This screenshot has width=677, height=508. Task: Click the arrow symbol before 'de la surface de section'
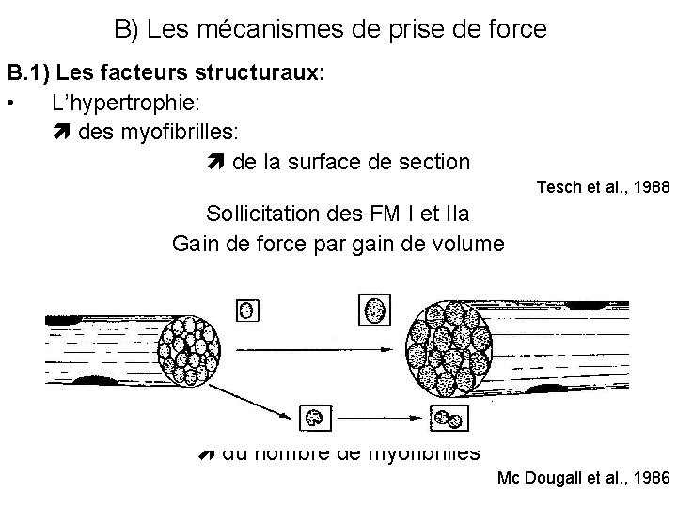click(213, 161)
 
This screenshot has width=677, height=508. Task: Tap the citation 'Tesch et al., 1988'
click(602, 187)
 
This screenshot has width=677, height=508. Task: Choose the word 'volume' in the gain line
click(469, 244)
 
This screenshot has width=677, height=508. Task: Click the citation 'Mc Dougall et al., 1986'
click(583, 479)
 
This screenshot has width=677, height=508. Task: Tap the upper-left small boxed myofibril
click(247, 308)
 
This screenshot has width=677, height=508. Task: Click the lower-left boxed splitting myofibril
click(314, 418)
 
